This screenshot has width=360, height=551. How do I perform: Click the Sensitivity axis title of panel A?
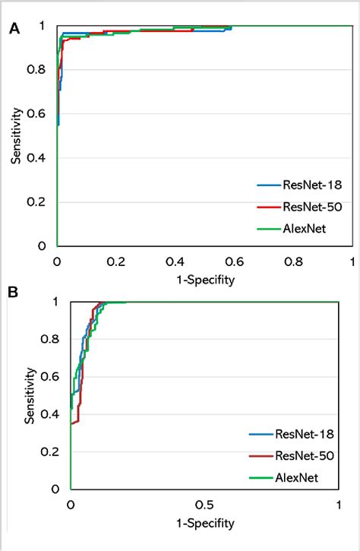pyautogui.click(x=15, y=135)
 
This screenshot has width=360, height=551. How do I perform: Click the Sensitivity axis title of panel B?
pyautogui.click(x=30, y=395)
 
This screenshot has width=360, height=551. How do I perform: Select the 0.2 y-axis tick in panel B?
pyautogui.click(x=53, y=451)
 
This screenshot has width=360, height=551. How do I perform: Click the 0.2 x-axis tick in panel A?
pyautogui.click(x=116, y=261)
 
